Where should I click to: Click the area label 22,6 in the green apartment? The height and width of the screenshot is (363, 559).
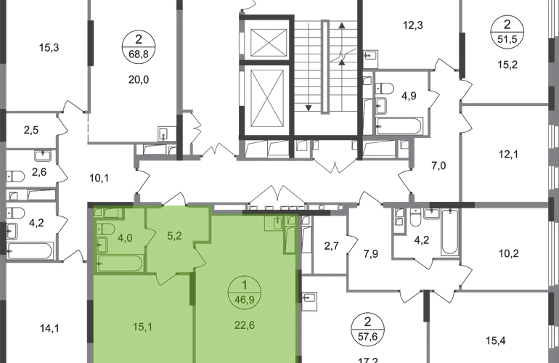pos(245,325)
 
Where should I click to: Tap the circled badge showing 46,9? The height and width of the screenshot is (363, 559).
pos(245,293)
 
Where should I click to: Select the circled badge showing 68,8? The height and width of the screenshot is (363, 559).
pos(139,46)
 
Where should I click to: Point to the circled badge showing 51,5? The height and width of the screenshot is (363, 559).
pos(507,31)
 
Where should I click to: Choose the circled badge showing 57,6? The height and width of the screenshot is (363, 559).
pos(367,329)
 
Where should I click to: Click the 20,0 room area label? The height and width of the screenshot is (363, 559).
pos(139,80)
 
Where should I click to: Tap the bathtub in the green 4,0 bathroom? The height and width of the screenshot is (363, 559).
pos(120,264)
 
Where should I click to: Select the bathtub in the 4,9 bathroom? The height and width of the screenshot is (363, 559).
pos(399,126)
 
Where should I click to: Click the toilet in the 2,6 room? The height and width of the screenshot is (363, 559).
pos(15,176)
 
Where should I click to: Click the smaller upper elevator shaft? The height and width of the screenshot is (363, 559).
pos(269,43)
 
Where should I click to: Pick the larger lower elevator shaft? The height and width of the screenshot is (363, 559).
pos(269,98)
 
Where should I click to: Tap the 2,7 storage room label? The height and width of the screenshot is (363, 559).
pos(331,246)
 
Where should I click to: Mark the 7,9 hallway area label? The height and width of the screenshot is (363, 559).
pos(371,254)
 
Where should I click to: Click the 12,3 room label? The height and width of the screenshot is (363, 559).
pos(413,25)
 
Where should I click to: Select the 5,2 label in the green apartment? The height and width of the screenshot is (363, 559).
pos(174,236)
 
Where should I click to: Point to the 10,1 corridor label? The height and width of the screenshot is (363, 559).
pos(99,178)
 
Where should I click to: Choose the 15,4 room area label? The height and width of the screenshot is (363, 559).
pos(496,341)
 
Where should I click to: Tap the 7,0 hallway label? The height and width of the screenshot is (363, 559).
pos(439,166)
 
